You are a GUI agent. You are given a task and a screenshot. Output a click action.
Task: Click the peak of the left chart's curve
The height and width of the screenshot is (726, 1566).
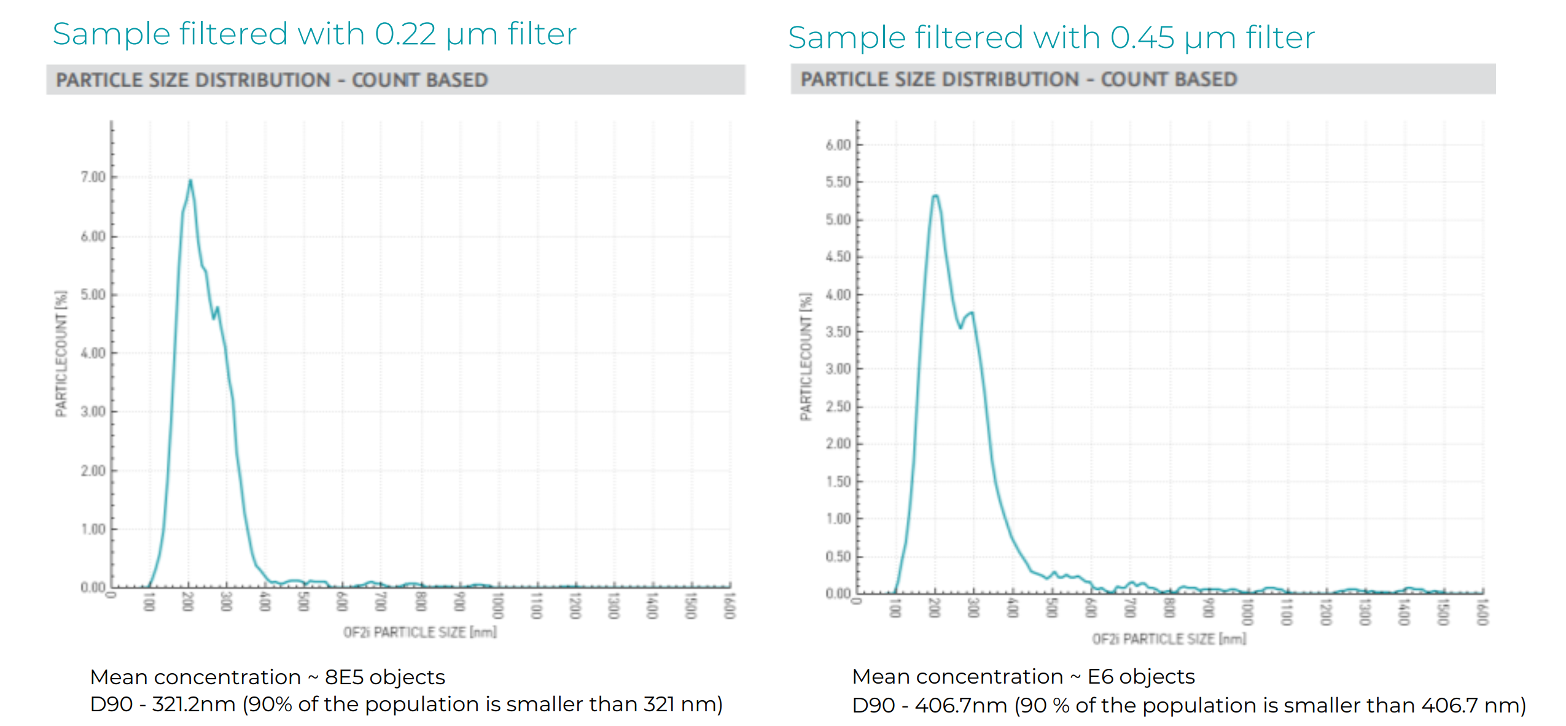(190, 181)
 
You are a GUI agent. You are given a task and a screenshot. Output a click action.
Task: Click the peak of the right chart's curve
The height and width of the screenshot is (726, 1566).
(935, 196)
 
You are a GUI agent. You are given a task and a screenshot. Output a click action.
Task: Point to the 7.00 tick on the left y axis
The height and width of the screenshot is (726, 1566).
(93, 177)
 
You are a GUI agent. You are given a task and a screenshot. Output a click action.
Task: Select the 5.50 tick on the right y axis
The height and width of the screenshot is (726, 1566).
(838, 182)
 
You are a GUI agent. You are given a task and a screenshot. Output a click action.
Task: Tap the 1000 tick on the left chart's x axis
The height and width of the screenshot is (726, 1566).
(497, 605)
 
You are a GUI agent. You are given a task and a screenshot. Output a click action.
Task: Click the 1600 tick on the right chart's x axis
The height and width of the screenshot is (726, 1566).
(1482, 612)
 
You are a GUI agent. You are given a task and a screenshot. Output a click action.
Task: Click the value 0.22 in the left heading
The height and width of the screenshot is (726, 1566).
(405, 34)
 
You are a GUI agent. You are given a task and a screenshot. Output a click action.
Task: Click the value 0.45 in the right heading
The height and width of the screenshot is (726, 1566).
(1142, 37)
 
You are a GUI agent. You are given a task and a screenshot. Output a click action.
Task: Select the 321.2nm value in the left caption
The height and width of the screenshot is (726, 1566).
(193, 704)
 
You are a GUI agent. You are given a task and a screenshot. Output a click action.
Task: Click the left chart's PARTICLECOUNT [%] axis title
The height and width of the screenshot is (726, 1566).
(61, 354)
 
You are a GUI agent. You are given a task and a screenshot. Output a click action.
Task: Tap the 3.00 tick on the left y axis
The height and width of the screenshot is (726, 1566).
(93, 412)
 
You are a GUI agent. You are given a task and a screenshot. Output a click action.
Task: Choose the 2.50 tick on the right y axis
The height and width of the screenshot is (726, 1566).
(838, 407)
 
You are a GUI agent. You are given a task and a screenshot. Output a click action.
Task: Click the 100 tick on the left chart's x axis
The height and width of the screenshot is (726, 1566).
(149, 603)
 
